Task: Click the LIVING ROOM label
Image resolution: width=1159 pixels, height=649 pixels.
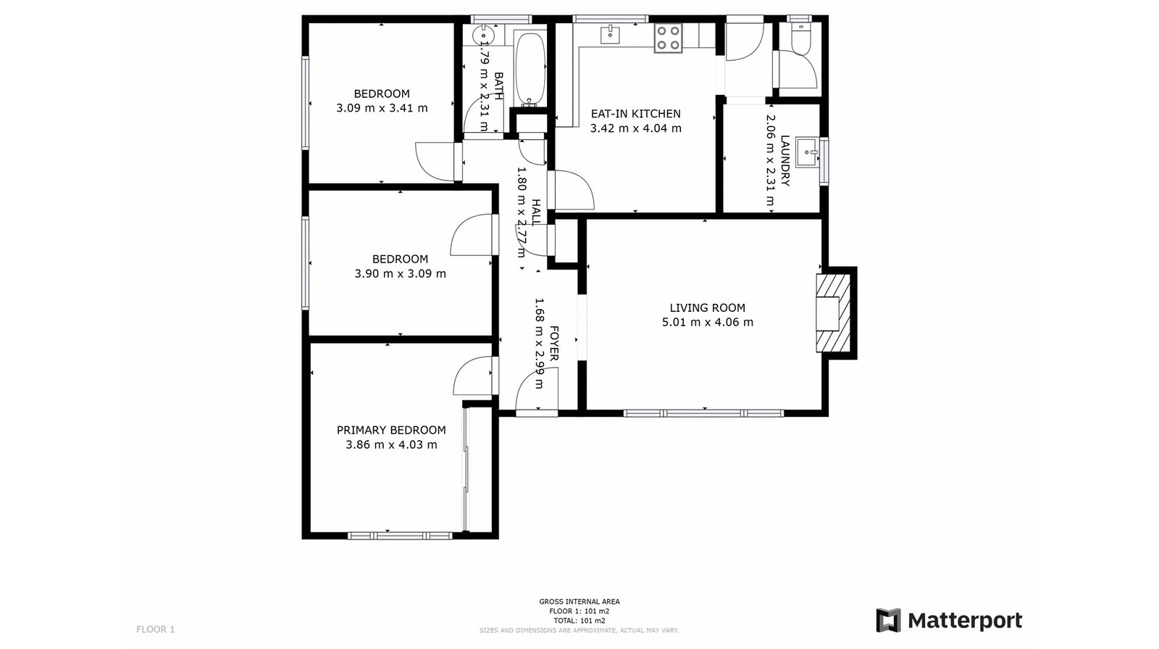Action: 707,308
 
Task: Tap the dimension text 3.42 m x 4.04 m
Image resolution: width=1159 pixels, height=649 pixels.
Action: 635,129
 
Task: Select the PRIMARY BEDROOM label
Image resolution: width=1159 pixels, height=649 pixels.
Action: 391,431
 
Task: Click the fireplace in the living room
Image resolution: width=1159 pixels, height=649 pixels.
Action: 833,312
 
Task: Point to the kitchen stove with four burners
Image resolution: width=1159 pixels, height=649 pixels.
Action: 668,38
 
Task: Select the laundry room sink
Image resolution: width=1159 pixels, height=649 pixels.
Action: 807,152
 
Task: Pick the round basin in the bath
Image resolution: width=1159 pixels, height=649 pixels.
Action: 483,35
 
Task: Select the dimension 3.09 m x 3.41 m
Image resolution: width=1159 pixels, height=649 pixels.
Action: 382,109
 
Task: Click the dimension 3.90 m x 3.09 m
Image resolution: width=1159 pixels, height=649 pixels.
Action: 400,274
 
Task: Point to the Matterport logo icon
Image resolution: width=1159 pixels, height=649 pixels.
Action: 888,620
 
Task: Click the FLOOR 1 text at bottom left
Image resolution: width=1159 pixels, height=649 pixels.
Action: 156,629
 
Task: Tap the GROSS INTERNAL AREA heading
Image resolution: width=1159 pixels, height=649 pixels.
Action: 579,601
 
